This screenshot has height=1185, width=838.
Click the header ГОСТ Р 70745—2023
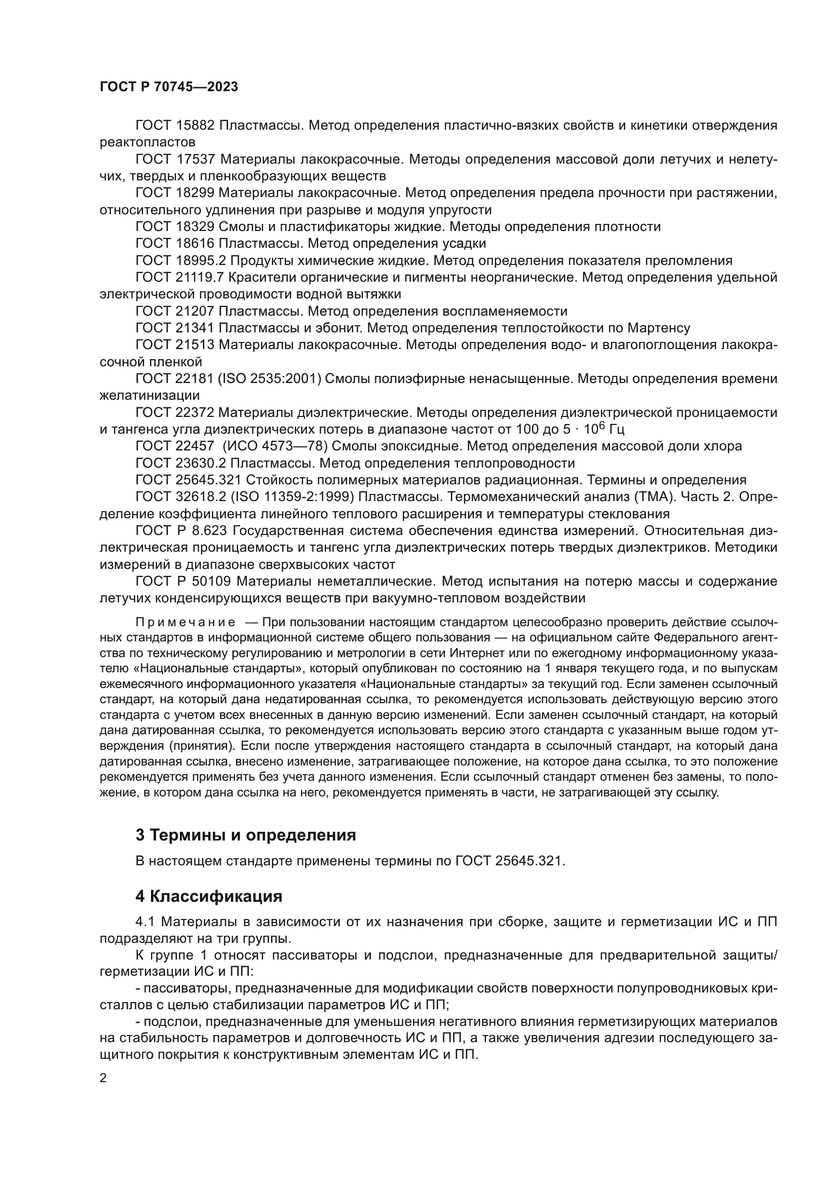pos(169,87)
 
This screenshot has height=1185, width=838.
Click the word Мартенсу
pos(659,328)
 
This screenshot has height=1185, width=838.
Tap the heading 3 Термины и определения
pos(246,835)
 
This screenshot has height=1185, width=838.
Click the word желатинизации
pos(149,396)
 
